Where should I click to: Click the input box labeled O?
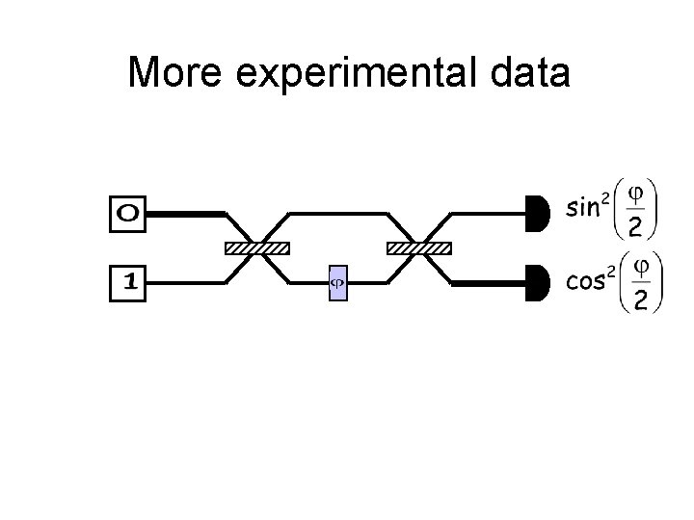(128, 214)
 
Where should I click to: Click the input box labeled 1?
(128, 283)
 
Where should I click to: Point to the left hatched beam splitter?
(256, 248)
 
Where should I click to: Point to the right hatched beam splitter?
(418, 248)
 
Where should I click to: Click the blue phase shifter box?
(337, 283)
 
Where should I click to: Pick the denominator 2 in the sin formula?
(637, 227)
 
